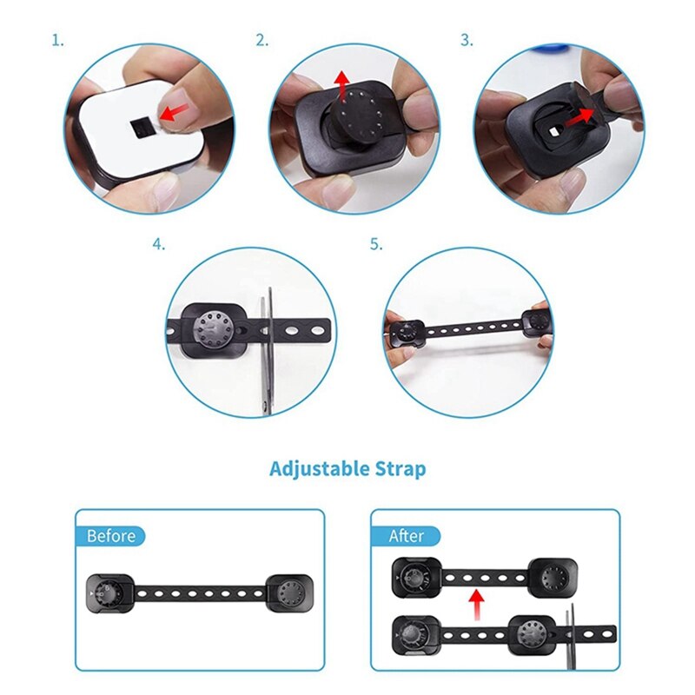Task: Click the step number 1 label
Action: (57, 40)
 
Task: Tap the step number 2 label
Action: (261, 40)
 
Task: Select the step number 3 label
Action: (467, 40)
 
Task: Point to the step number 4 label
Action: (158, 245)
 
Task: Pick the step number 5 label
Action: (375, 245)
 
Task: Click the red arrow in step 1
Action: (176, 110)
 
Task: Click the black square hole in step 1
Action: (141, 129)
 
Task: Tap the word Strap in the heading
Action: (401, 470)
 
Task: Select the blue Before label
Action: (111, 535)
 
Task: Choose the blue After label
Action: (406, 535)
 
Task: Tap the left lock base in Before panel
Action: (110, 593)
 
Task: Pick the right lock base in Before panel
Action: (288, 592)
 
